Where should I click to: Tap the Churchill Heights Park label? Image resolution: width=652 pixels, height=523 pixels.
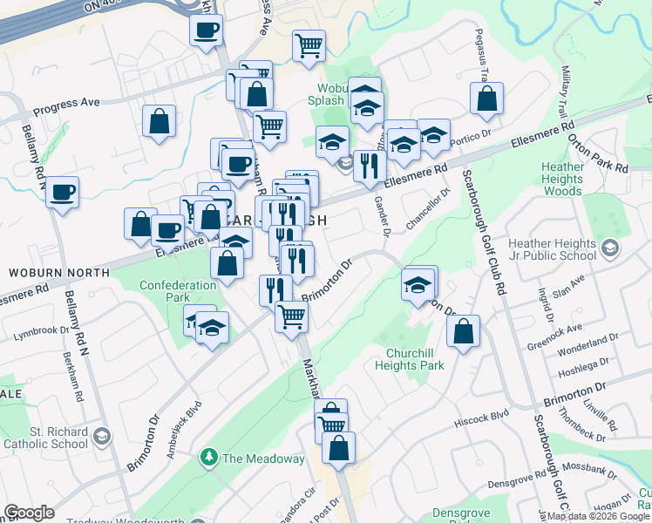(416, 359)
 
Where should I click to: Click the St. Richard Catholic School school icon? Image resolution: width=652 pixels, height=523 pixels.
(102, 435)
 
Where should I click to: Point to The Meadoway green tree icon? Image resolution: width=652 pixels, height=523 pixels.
(209, 457)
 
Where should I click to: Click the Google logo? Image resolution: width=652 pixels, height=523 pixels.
(29, 512)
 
